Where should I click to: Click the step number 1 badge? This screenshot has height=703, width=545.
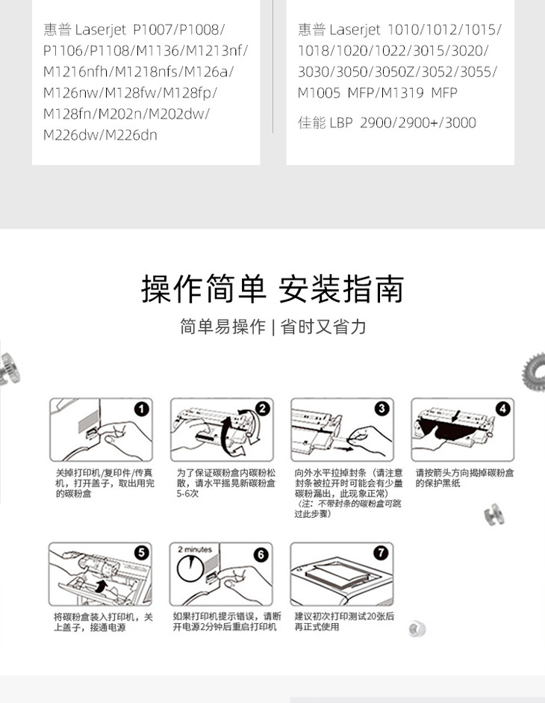point(142,409)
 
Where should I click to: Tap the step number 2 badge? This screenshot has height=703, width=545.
point(262,409)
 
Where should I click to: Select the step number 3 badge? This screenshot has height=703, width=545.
point(381,409)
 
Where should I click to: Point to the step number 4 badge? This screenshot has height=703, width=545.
point(503,409)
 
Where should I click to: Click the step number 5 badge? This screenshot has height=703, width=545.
point(141,552)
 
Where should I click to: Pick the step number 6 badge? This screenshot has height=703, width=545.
point(261,554)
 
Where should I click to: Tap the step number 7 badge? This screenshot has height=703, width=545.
point(381,552)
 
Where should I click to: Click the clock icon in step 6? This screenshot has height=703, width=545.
point(190,569)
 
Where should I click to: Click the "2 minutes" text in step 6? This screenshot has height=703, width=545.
point(195,549)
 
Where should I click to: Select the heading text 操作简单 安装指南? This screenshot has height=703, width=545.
point(272,289)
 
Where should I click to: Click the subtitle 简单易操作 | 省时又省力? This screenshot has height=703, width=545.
point(272,326)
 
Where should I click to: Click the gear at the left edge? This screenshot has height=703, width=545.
point(9,369)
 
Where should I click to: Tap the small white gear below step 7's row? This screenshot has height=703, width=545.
point(417,628)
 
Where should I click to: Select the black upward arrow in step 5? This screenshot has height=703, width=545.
point(102,585)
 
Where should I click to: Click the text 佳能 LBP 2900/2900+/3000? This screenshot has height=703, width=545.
point(387,123)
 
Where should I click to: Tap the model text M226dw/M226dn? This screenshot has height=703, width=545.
point(100,135)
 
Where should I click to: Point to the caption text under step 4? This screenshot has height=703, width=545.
point(464,478)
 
